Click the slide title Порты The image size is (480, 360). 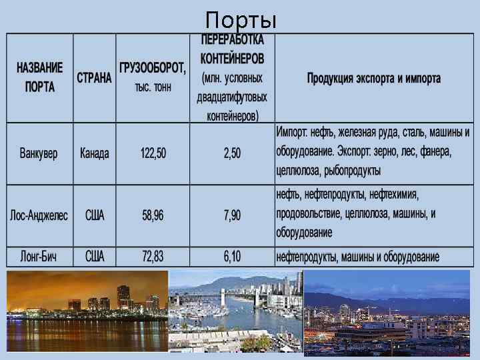click(x=240, y=19)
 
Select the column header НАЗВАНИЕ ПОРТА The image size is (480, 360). click(x=40, y=77)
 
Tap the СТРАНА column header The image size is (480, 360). click(x=94, y=77)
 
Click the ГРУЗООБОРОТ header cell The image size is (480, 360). click(x=153, y=77)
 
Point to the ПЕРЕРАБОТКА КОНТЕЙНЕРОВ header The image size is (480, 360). click(x=232, y=77)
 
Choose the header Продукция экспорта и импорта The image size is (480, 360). click(x=373, y=78)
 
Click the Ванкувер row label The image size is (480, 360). click(x=39, y=153)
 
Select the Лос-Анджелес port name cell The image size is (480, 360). click(x=39, y=216)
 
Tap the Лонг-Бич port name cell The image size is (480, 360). click(x=39, y=256)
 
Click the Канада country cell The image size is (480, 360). click(x=94, y=153)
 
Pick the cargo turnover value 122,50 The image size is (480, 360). click(x=153, y=153)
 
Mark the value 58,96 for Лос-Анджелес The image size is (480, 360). click(x=153, y=216)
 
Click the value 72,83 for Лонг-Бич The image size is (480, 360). click(x=153, y=256)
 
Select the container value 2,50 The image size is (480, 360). click(x=232, y=153)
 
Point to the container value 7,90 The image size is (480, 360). click(x=232, y=216)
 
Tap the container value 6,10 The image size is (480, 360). click(x=232, y=256)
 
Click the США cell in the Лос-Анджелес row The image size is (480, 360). click(x=94, y=216)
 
